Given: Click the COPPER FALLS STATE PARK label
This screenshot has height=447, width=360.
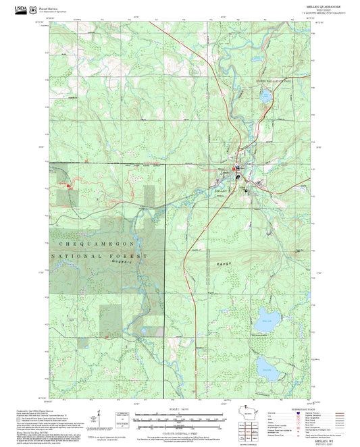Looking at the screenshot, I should point(272,80).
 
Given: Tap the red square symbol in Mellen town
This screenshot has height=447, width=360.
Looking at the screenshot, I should point(234,169).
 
